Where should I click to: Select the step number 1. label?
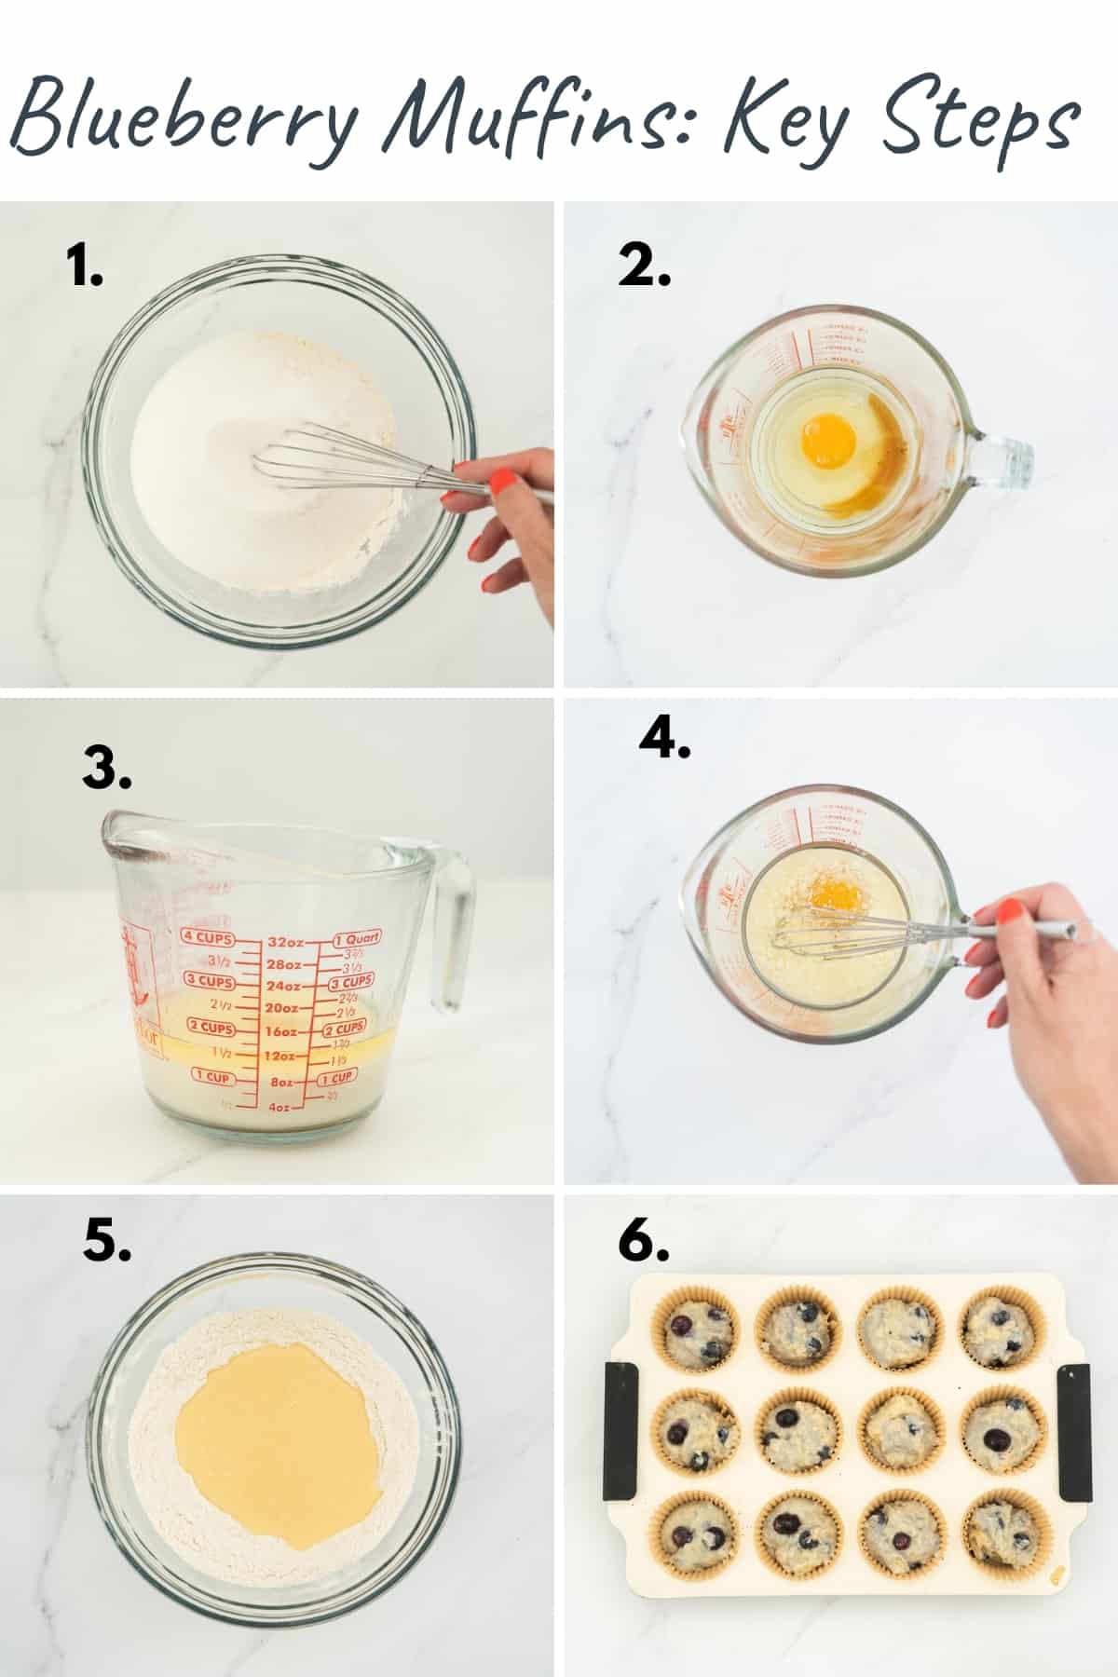[x=85, y=269]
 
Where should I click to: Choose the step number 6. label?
[x=644, y=1242]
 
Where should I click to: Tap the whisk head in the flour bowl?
[x=307, y=457]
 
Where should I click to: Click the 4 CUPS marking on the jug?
[x=207, y=937]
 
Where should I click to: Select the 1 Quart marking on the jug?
[x=356, y=939]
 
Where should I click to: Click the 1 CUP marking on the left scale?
[x=212, y=1077]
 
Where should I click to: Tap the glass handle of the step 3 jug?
[x=454, y=932]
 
